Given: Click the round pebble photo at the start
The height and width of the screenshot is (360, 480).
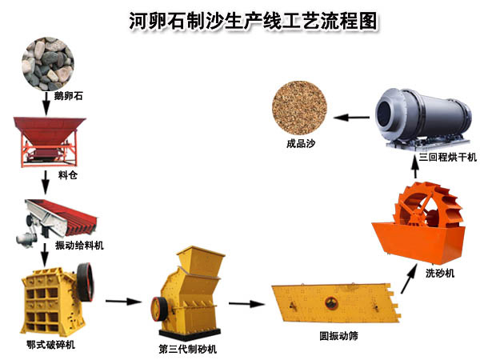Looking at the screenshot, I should (x=47, y=62).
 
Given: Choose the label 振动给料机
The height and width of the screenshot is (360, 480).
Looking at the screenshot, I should (x=84, y=244).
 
